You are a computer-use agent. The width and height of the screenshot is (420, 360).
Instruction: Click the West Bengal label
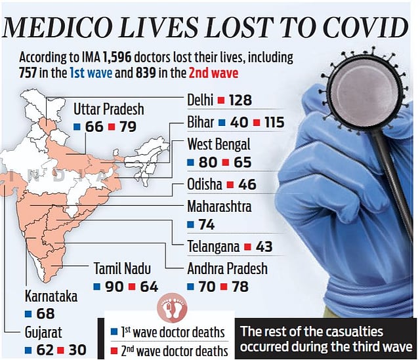(219, 144)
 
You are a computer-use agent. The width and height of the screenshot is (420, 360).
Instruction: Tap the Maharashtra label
(219, 206)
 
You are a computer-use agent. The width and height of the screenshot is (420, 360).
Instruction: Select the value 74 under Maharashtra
(207, 224)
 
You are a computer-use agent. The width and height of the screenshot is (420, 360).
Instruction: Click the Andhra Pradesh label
(227, 268)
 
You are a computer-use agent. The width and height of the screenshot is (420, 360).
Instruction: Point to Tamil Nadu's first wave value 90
(114, 287)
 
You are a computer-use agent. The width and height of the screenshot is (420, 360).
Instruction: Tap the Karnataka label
(51, 296)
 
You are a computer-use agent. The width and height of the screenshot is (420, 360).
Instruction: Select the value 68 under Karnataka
(46, 313)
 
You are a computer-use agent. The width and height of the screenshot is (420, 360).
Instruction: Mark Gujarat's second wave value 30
(77, 350)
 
